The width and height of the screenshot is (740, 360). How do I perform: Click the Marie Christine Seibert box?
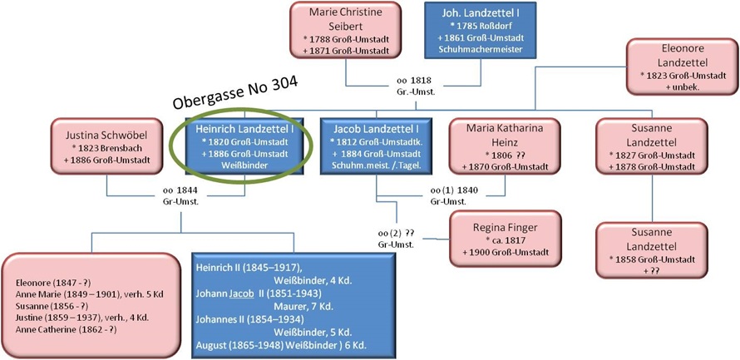coord(346,30)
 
